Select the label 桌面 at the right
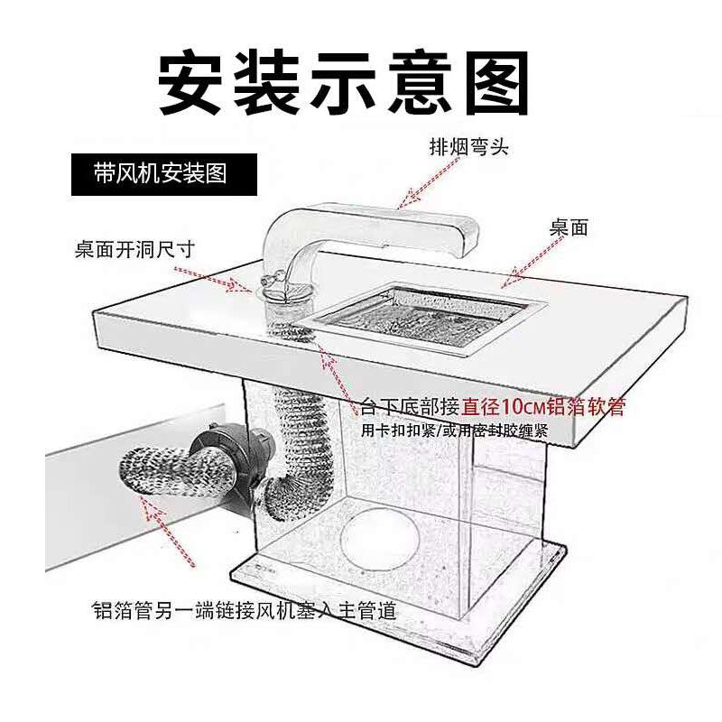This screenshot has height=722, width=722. (569, 228)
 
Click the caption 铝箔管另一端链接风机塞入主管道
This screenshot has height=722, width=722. (244, 610)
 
